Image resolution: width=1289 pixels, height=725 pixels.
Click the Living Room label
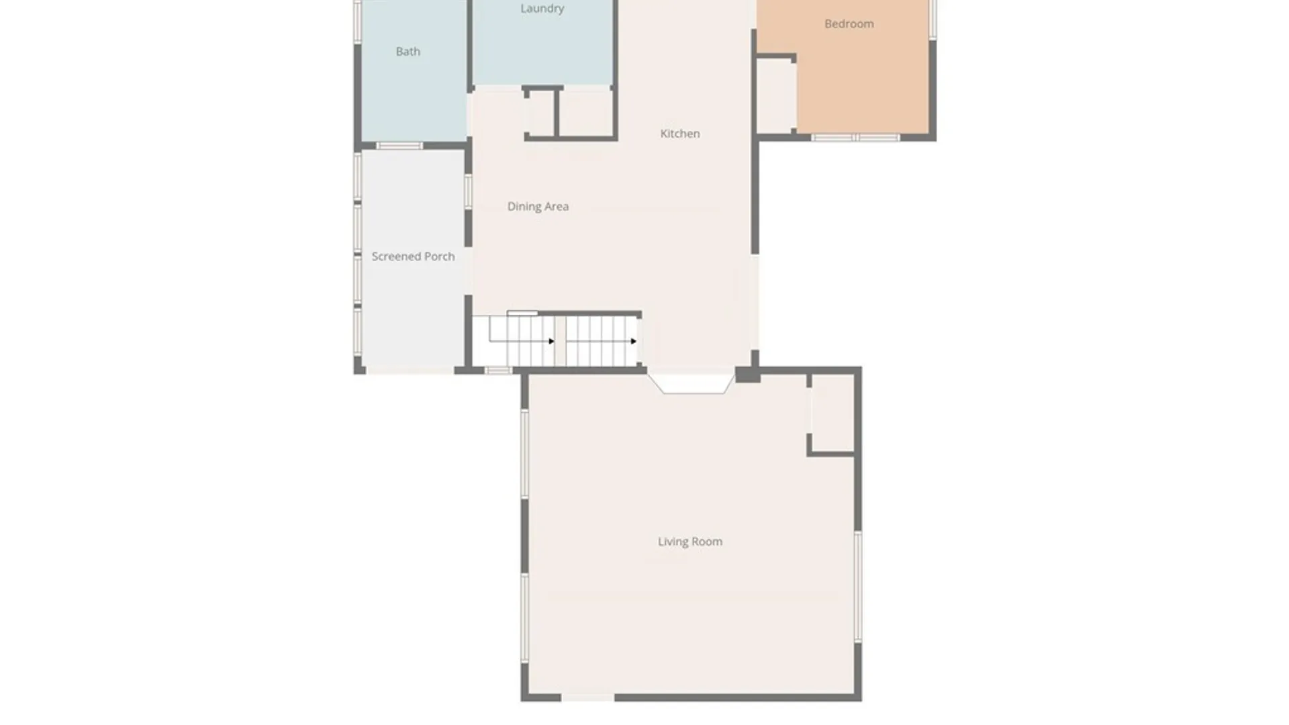[x=690, y=542]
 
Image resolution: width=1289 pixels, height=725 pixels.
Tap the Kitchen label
[x=680, y=134]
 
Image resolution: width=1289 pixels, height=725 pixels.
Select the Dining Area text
[x=538, y=207]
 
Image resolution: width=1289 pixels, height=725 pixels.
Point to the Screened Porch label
[x=413, y=256]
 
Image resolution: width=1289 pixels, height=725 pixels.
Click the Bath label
[x=408, y=52]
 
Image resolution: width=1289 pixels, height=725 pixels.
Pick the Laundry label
[x=542, y=9]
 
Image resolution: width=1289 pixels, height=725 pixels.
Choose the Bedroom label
[x=849, y=24]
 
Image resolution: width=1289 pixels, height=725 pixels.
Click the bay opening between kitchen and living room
[x=691, y=385]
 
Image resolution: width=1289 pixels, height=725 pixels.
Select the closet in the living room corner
[x=832, y=413]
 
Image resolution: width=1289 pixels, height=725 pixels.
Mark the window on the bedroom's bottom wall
[x=855, y=138]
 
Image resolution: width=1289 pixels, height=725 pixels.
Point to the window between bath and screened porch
[x=399, y=146]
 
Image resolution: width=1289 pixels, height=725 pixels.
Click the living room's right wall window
[x=857, y=587]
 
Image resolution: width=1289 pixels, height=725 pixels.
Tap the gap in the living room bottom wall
[x=587, y=698]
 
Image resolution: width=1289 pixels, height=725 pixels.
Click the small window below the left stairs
[x=498, y=371]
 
